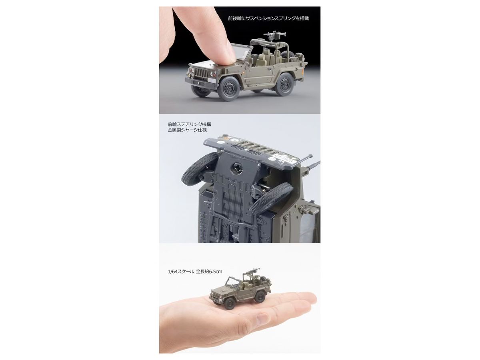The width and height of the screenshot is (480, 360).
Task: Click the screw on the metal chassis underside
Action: click(236, 168)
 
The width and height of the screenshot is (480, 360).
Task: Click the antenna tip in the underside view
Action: click(311, 156)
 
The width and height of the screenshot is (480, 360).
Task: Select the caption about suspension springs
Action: click(268, 18)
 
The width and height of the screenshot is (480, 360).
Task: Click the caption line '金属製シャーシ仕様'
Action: click(187, 130)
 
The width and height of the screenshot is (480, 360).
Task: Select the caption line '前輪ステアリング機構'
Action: click(189, 124)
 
